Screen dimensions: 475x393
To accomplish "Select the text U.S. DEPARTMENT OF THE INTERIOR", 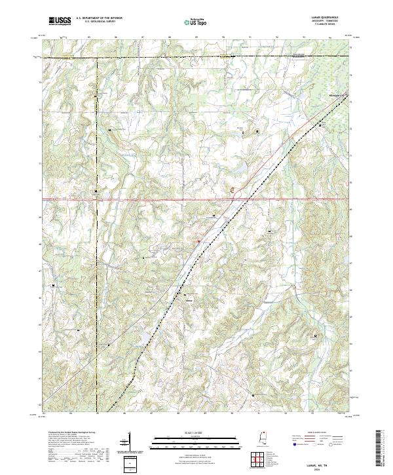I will point(97,19).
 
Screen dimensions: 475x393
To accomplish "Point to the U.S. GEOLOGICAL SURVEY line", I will point(97,23).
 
